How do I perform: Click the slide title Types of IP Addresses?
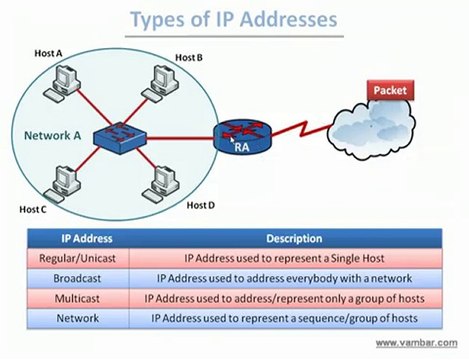coord(234,20)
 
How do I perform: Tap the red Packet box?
coord(389,91)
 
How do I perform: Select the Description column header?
coord(293,239)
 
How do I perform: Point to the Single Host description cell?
coord(293,258)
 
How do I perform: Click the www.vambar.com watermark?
coord(418,343)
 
